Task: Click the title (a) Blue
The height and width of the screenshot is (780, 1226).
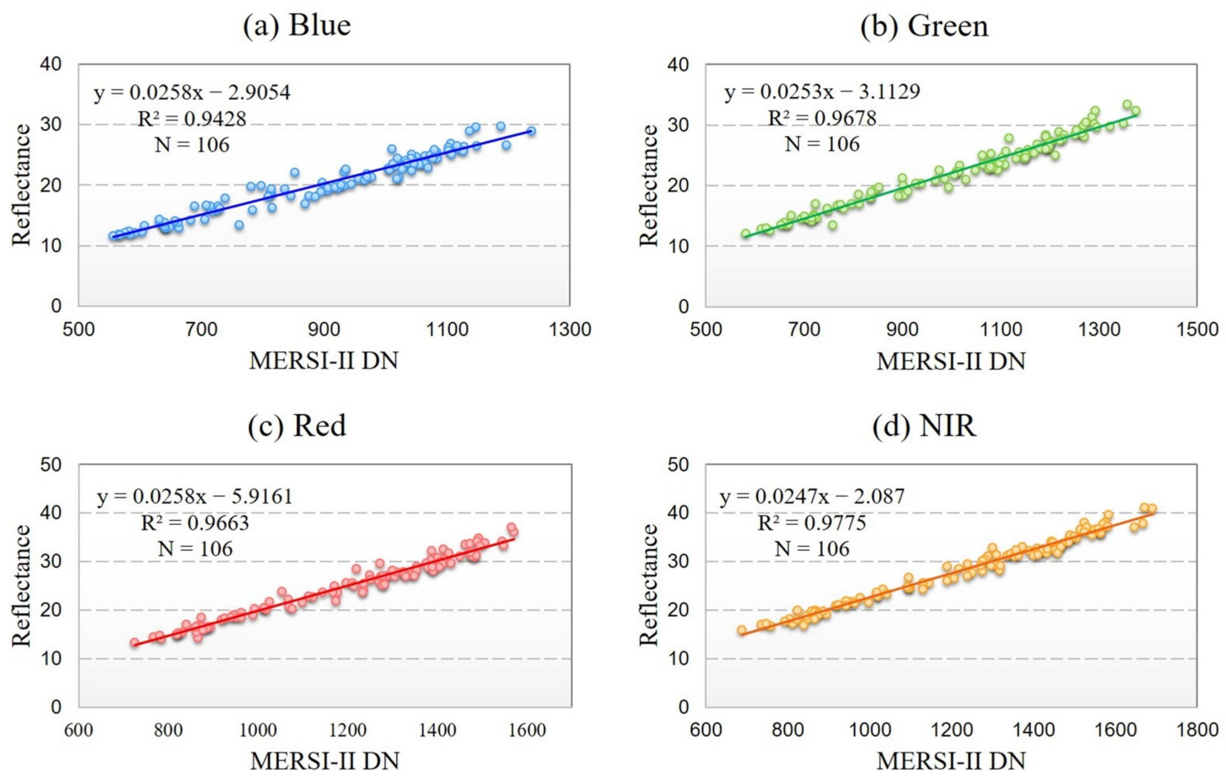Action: click(297, 25)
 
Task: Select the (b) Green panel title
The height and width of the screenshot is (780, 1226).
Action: click(924, 25)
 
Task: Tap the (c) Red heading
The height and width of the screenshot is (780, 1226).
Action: click(297, 425)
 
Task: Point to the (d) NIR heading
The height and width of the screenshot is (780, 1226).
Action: click(924, 425)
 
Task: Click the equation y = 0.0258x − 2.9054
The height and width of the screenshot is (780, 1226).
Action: click(192, 93)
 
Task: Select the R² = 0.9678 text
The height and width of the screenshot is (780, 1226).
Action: click(822, 118)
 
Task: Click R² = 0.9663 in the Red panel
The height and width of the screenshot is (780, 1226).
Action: click(195, 523)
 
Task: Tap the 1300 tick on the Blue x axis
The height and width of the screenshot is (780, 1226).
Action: click(570, 329)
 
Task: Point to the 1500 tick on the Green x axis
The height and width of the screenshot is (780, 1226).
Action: click(1196, 329)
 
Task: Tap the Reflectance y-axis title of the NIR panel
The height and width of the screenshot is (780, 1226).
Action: click(649, 585)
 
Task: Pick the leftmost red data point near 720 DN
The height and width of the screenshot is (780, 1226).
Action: click(134, 643)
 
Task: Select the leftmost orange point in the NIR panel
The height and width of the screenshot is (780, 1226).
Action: click(742, 630)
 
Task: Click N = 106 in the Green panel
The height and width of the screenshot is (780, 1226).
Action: click(822, 145)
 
